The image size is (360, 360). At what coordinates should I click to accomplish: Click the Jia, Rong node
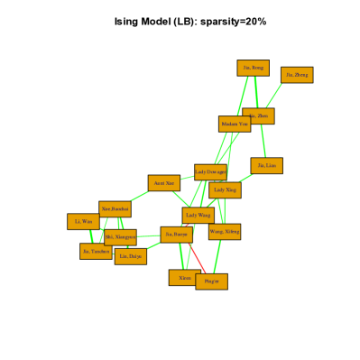[x=253, y=68]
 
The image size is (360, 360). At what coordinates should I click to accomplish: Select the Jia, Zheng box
[x=297, y=75]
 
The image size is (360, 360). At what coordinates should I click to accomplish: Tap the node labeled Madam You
[x=235, y=124]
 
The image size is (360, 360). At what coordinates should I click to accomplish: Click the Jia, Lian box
[x=266, y=166]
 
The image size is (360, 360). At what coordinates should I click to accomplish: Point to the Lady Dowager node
[x=210, y=171]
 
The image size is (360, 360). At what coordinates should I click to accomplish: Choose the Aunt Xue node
[x=164, y=183]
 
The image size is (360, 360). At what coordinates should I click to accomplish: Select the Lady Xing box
[x=225, y=189]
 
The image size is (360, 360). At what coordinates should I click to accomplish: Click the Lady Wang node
[x=198, y=215]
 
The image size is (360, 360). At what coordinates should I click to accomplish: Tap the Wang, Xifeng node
[x=225, y=232]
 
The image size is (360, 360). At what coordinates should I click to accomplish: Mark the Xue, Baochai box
[x=115, y=209]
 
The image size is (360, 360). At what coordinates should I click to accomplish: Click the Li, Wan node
[x=83, y=221]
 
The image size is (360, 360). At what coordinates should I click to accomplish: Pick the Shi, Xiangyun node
[x=120, y=237]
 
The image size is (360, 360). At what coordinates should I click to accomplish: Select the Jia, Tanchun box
[x=95, y=252]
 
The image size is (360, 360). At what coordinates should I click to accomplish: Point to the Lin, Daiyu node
[x=130, y=256]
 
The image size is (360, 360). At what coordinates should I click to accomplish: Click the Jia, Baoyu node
[x=176, y=235]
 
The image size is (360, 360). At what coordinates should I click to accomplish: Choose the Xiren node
[x=183, y=278]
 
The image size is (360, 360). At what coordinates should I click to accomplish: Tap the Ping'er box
[x=211, y=282]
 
